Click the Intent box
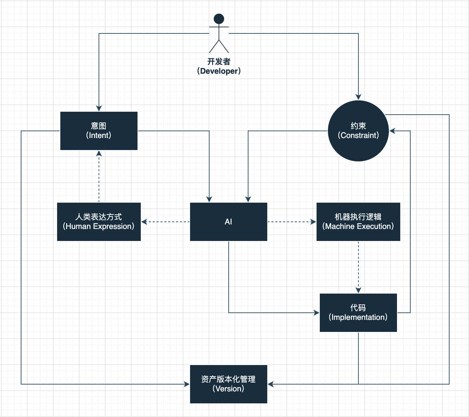(99, 131)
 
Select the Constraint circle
(358, 131)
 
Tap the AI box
(228, 221)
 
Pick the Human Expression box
(99, 221)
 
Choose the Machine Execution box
(358, 221)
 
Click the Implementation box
(358, 312)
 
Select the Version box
(228, 384)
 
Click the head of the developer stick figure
(219, 19)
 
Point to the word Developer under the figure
(219, 71)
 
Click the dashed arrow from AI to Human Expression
(165, 222)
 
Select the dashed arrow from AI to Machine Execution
(291, 222)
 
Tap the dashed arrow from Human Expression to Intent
(99, 177)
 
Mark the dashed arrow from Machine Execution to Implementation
(358, 266)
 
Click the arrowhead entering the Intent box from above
(99, 108)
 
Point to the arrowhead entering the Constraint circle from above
(358, 97)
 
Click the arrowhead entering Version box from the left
(187, 384)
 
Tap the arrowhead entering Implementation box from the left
(317, 313)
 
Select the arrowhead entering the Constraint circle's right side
(392, 131)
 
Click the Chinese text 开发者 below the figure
(219, 61)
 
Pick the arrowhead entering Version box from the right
(271, 384)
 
